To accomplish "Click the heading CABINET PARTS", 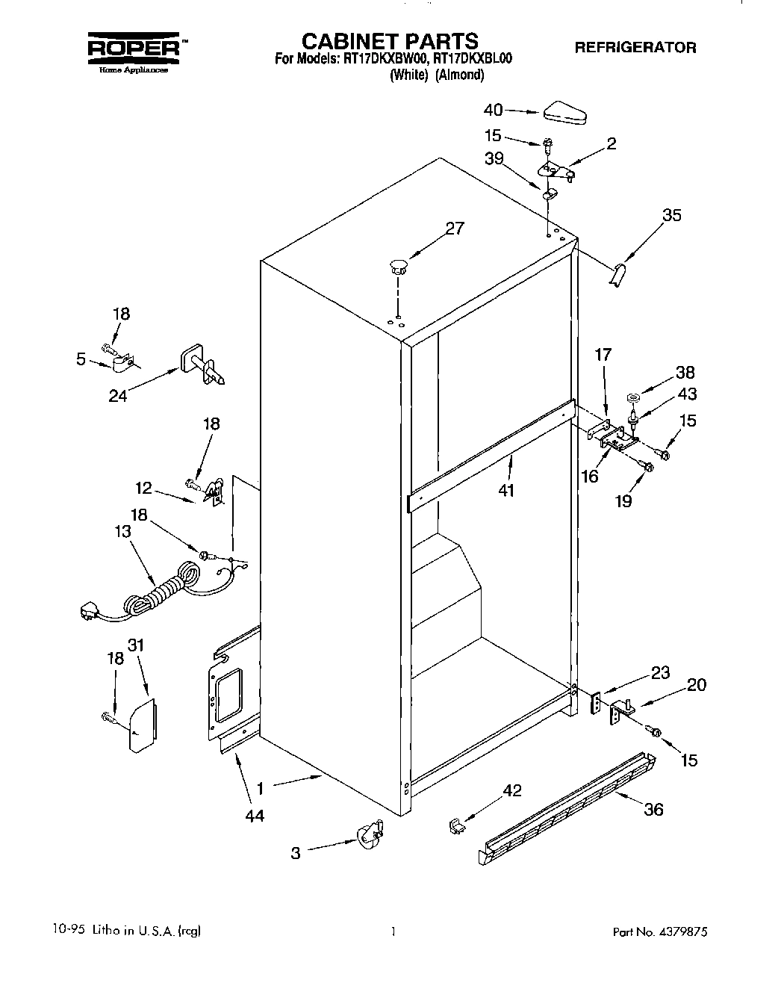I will pos(389,40).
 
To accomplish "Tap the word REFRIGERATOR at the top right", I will pos(635,47).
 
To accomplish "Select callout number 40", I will pos(494,110).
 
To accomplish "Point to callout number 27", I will pos(455,229).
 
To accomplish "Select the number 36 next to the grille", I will pos(653,809).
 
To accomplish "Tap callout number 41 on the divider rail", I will pos(508,491).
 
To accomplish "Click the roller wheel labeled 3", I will pos(368,834).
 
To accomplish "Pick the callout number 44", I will pos(255,816).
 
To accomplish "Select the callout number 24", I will pos(118,395).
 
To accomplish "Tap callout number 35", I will pos(672,215).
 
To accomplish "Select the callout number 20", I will pos(696,684).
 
